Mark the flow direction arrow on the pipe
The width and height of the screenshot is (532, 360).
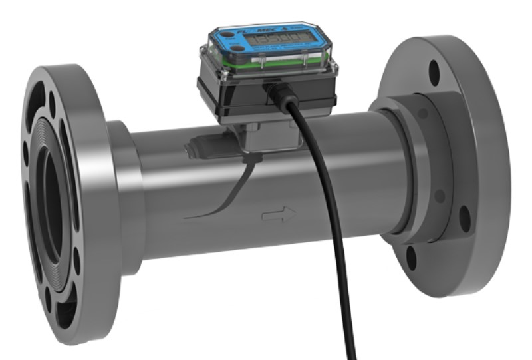coord(279,214)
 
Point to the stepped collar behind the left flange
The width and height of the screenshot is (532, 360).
coord(126,200)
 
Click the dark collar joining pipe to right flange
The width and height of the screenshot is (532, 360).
coord(412,166)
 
